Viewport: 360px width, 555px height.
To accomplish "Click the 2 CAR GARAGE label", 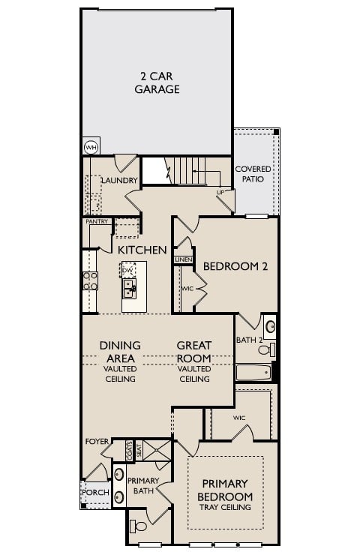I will (x=157, y=82).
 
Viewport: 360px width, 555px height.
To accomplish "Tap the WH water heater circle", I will (x=91, y=147).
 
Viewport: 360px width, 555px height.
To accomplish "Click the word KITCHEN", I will (x=142, y=250).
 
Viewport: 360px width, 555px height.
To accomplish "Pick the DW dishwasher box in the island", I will (x=128, y=269).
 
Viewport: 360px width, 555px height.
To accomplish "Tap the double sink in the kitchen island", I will (x=129, y=288).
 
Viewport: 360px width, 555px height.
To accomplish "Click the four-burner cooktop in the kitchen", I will (x=89, y=280).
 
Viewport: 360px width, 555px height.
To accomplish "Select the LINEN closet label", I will (x=183, y=259).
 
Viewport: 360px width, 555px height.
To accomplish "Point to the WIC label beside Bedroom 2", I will (x=187, y=288).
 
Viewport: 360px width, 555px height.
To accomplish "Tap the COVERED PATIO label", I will (x=253, y=174).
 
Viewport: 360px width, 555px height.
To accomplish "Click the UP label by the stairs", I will (x=220, y=193).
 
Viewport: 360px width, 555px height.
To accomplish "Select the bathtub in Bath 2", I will (x=253, y=372).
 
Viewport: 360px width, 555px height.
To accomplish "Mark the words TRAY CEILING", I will (x=225, y=508).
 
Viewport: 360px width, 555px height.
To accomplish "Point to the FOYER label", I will (x=97, y=441).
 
